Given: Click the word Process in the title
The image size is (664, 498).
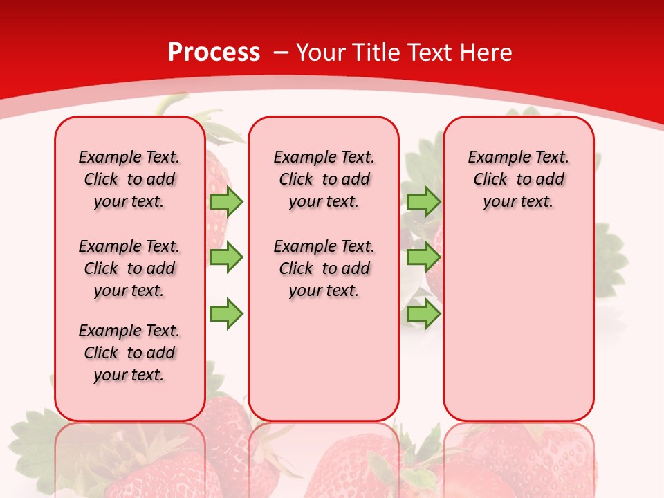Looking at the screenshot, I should tap(214, 53).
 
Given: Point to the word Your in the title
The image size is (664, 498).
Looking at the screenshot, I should tap(322, 53).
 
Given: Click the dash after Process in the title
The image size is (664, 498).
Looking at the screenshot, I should tap(281, 53).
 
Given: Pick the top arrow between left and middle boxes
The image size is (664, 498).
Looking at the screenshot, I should tap(225, 201).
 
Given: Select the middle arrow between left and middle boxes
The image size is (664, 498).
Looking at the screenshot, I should tap(225, 257).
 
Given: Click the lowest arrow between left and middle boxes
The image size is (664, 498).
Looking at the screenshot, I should tap(225, 313).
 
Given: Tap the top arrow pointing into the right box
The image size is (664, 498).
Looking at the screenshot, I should tap(423, 201).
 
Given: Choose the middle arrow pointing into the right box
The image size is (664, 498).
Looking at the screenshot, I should tap(423, 257).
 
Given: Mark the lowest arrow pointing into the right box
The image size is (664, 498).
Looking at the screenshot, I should tap(423, 313).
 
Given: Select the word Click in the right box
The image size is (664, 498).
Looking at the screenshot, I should tap(490, 179).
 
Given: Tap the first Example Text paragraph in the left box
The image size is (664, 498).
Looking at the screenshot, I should tap(129, 179).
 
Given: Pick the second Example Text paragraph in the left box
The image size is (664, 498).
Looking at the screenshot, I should tap(129, 268).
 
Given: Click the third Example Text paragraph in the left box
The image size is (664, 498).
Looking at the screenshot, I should tap(129, 353).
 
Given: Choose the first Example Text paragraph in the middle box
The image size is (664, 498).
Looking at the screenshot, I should tap(324, 179).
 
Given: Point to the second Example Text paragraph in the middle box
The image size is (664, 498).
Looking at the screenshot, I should tap(324, 268).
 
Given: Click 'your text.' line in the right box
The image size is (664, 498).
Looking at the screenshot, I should tap(518, 201).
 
